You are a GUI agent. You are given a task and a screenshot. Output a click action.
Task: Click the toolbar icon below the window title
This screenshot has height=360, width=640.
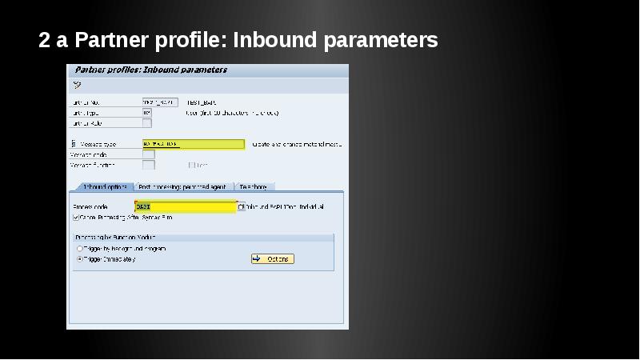coord(77,85)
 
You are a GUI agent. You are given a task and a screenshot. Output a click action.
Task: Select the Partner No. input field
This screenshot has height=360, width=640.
coord(158,102)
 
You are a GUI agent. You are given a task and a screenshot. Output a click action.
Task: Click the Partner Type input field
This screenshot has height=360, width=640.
coord(147,113)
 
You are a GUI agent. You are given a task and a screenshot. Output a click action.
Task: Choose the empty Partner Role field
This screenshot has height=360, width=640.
coord(147,123)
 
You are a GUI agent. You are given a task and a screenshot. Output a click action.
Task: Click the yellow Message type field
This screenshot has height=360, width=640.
coord(193,144)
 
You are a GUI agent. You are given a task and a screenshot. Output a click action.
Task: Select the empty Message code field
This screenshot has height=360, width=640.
coord(149,154)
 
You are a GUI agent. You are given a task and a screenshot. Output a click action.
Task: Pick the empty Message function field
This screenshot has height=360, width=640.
coord(149,165)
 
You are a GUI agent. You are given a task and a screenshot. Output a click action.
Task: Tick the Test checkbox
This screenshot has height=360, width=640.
coord(192,165)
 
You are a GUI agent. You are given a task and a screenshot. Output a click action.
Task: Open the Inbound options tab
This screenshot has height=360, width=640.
coord(104,186)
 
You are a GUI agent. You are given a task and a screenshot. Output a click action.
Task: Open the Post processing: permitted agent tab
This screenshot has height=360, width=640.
coord(182,186)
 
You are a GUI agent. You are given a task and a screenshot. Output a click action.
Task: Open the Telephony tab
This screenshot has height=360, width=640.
coord(253,186)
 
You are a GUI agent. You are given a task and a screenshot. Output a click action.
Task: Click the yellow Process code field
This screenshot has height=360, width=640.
coord(186,206)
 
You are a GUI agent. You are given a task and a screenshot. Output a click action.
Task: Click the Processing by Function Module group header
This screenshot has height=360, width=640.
coord(115,238)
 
